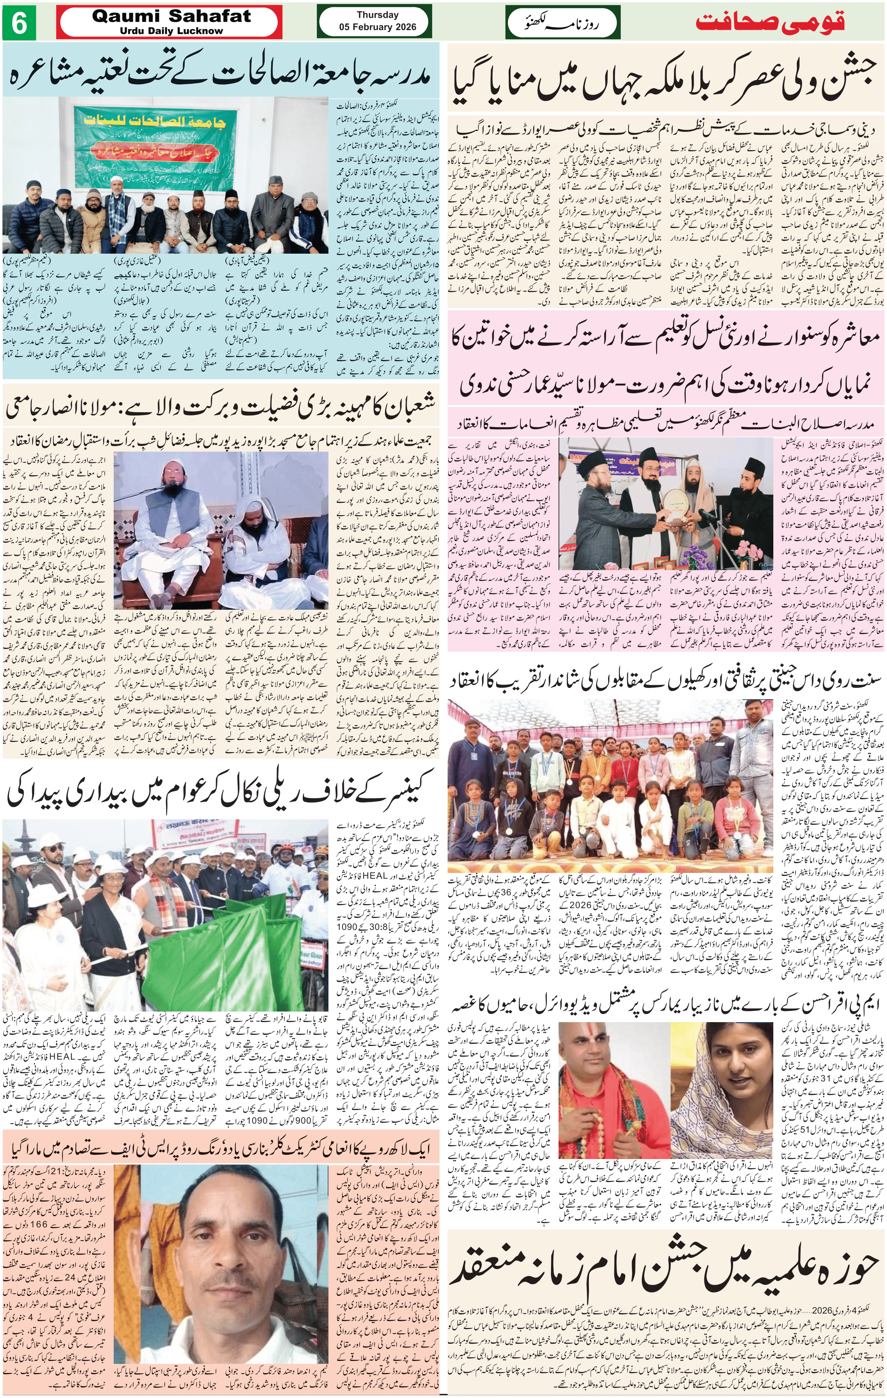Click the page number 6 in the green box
tap(19, 24)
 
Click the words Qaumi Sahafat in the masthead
tap(171, 17)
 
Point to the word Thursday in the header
tap(377, 15)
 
